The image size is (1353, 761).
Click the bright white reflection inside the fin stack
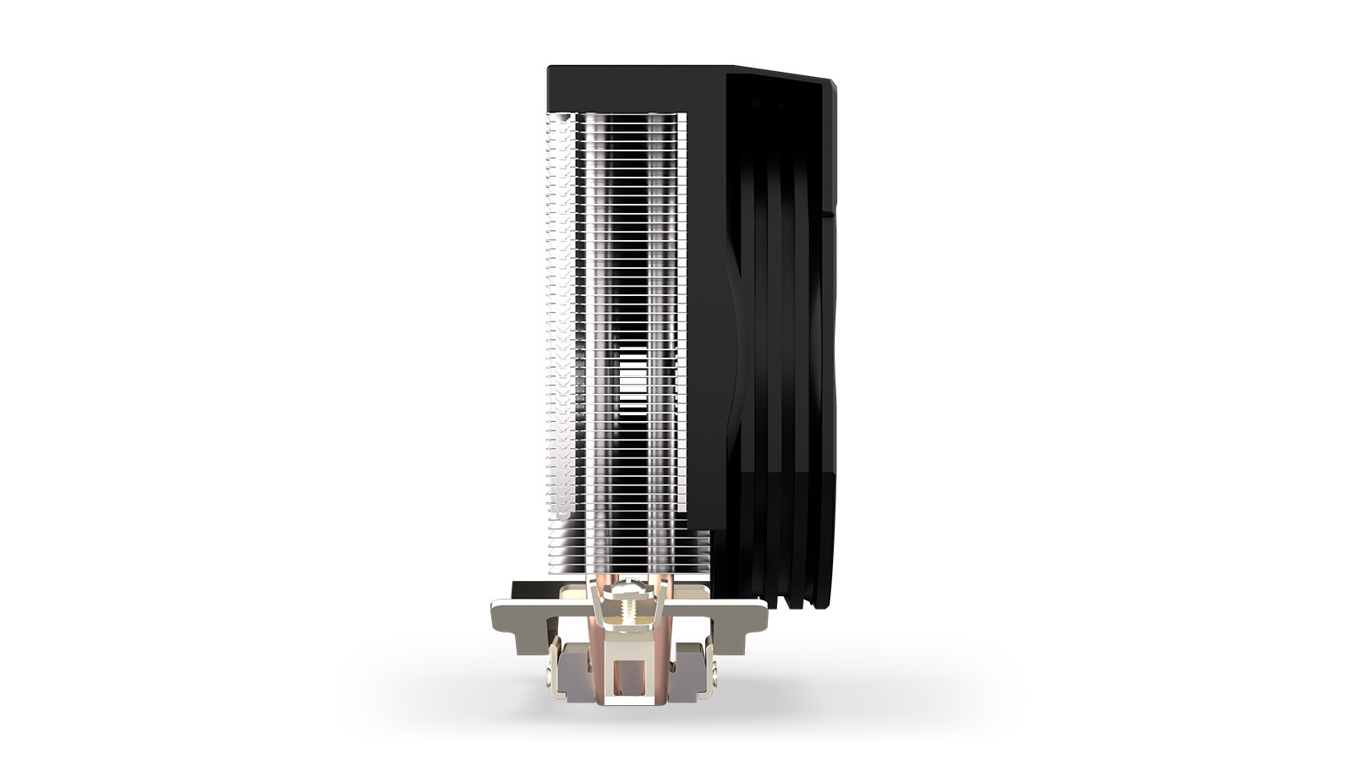point(630,385)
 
